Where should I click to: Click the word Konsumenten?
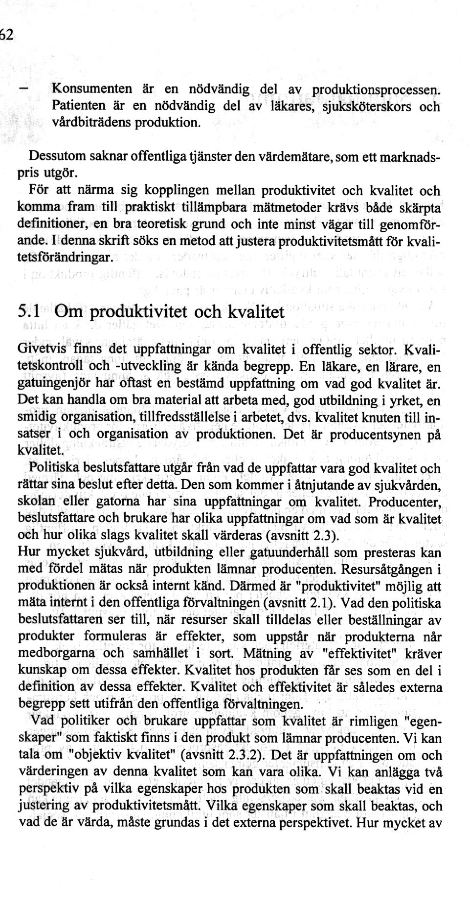[x=92, y=89]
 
